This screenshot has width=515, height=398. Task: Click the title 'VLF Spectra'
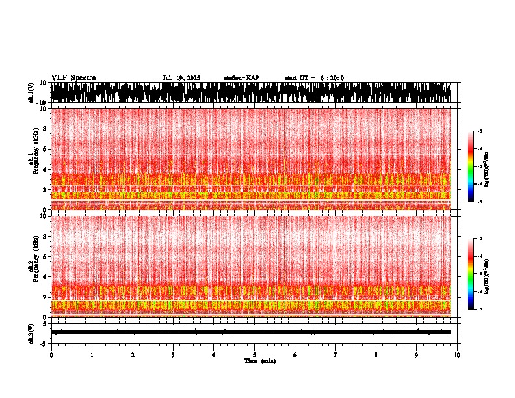pos(73,77)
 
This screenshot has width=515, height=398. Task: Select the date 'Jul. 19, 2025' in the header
pos(181,78)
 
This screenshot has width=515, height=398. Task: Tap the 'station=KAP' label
pos(241,78)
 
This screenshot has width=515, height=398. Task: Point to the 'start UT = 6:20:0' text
pos(314,78)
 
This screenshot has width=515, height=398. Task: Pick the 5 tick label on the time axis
pos(254,354)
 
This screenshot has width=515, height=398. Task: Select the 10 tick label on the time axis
pos(457,354)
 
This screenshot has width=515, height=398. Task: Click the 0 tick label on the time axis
pos(51,354)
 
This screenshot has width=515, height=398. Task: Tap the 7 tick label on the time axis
pos(336,354)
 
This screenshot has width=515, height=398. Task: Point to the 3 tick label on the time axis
pos(173,354)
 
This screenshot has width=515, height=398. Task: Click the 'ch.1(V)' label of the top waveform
pos(31,93)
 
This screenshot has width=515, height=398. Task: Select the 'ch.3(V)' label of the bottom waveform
pos(31,332)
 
